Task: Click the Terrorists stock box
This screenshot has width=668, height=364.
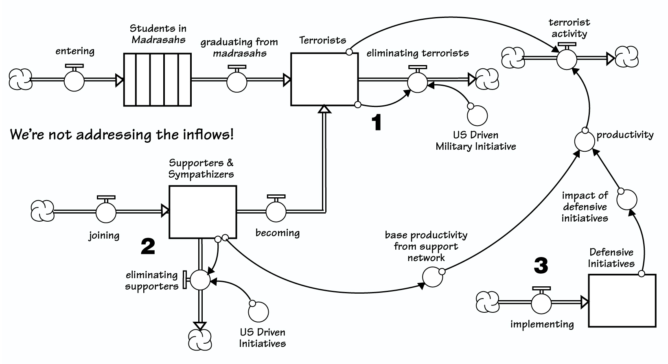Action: coord(324,79)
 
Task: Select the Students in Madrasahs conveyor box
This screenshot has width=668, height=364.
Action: coord(158,80)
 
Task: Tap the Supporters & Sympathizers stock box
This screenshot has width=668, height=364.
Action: coord(203,212)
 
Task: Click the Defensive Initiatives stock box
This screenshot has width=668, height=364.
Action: coord(622,301)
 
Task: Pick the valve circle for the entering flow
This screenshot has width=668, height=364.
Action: coord(74,81)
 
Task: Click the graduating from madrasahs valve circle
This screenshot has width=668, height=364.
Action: coord(237,82)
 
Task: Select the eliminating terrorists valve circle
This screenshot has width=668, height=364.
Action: coord(418,83)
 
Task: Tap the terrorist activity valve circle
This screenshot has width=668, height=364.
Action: coord(567,60)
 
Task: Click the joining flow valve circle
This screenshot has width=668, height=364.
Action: coord(106,212)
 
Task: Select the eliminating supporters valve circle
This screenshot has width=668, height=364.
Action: coord(200,280)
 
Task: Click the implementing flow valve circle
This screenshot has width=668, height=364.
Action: coord(541,303)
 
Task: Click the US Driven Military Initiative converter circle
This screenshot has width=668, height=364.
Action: coord(477,116)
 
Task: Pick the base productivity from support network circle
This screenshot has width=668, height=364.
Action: coord(432,277)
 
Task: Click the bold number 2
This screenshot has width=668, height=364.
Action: coord(148,246)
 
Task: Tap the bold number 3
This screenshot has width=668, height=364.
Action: coord(541,265)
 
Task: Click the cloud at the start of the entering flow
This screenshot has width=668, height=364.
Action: coord(20,79)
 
